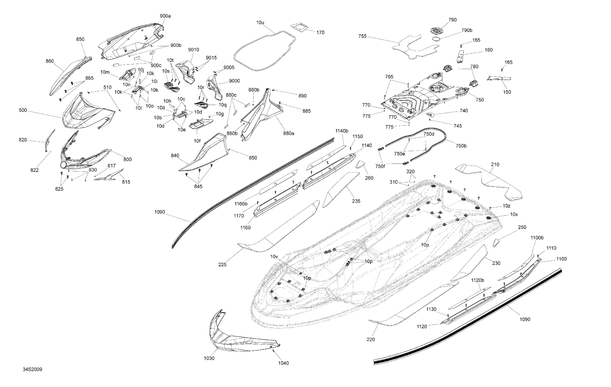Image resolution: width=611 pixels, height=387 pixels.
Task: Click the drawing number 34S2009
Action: tap(33, 369)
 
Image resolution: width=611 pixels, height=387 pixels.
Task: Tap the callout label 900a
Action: tap(165, 16)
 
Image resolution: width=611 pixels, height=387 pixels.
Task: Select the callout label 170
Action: tap(320, 33)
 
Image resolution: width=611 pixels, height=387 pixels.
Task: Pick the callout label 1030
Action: tap(209, 358)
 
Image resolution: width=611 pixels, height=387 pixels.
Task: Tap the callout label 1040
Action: tap(284, 363)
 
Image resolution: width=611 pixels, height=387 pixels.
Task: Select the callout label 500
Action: tap(23, 110)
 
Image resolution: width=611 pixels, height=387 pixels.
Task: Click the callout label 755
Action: tap(362, 36)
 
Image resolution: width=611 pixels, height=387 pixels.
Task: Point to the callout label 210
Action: tap(495, 165)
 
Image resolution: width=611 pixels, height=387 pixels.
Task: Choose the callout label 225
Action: tap(222, 265)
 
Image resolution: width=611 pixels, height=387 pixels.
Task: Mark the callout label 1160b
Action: tap(241, 204)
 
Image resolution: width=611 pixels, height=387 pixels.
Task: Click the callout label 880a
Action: tap(289, 133)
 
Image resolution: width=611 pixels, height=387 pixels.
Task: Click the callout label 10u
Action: tap(260, 23)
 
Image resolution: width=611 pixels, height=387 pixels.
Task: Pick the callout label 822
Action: tap(35, 170)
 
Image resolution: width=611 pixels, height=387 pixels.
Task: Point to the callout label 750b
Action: tap(461, 146)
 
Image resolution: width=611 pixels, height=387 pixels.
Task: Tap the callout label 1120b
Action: tap(478, 280)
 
